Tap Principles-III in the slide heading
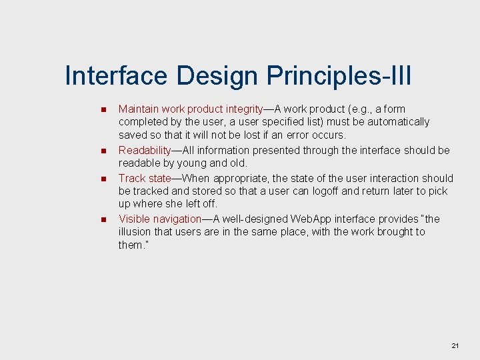click(339, 76)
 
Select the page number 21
click(455, 345)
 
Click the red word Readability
click(145, 151)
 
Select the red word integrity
click(244, 109)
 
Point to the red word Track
click(131, 178)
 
